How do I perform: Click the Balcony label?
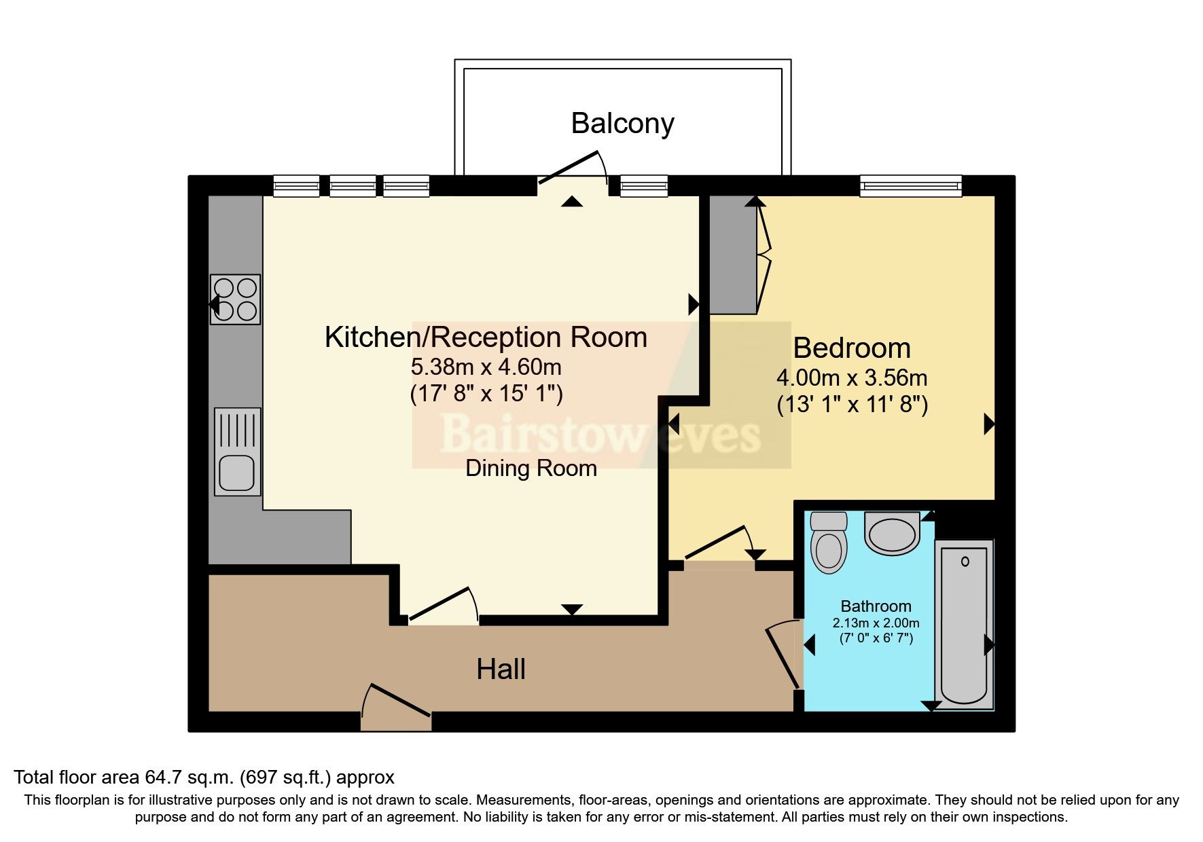(622, 124)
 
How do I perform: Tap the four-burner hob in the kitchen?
(235, 299)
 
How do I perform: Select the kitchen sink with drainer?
(237, 452)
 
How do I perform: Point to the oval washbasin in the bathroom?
(892, 534)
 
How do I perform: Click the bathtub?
(964, 623)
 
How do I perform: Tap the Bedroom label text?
(852, 348)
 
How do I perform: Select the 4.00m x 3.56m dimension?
(852, 378)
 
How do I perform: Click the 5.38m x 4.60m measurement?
(486, 367)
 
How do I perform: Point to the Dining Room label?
(531, 469)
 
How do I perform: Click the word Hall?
(501, 670)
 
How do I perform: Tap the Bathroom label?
(876, 606)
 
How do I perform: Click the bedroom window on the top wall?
(910, 185)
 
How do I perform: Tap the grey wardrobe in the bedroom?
(732, 255)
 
